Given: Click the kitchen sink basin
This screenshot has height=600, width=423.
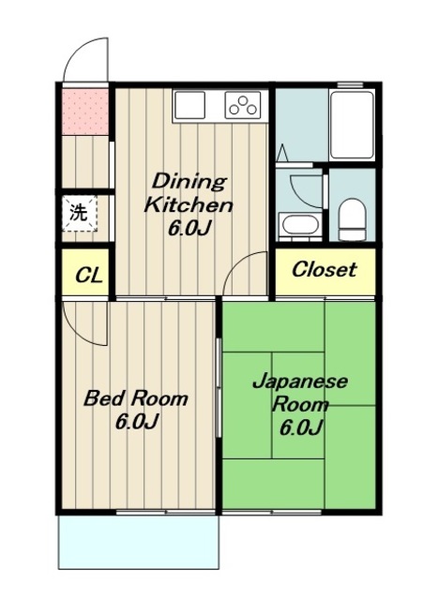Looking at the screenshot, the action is click(x=189, y=105).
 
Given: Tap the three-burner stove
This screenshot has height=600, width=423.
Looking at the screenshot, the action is click(x=243, y=104).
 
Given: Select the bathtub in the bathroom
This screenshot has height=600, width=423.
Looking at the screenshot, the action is click(x=352, y=125).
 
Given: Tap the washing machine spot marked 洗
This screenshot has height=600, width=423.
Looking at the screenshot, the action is click(x=79, y=214).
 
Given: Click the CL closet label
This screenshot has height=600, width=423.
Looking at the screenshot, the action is click(x=89, y=275).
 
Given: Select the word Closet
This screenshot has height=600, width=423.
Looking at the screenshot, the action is click(x=325, y=269).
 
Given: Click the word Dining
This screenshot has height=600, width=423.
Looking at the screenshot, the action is click(x=189, y=181).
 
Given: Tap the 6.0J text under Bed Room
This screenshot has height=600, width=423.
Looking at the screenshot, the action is click(x=137, y=422).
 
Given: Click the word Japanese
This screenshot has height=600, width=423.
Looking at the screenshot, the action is click(x=300, y=382).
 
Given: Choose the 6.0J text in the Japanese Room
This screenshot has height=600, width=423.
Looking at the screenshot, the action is click(x=300, y=427).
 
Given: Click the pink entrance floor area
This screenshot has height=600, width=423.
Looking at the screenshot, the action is click(x=85, y=112).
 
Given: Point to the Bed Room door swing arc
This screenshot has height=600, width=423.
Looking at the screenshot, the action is click(x=79, y=334).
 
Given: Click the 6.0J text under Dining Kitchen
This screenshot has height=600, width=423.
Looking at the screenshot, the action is click(x=189, y=229).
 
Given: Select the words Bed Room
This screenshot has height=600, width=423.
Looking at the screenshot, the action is click(x=136, y=397).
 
